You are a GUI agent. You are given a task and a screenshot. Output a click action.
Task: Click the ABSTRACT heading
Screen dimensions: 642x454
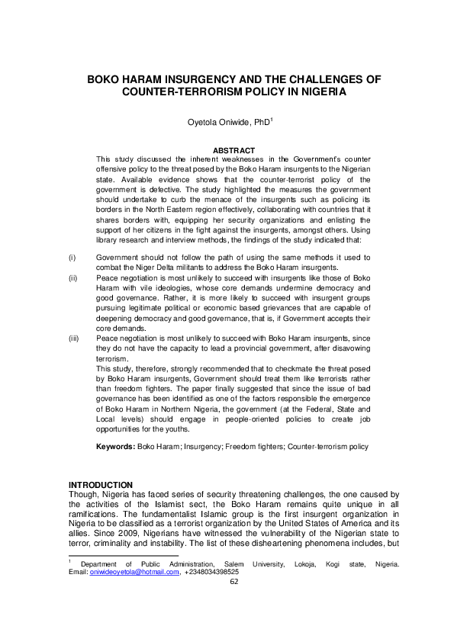tap(233, 150)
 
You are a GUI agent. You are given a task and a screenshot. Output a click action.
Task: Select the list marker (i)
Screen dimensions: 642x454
tap(72, 258)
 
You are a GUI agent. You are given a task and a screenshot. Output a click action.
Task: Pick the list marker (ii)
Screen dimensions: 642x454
tap(73, 279)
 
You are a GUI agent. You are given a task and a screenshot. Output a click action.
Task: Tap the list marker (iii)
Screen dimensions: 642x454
tap(74, 338)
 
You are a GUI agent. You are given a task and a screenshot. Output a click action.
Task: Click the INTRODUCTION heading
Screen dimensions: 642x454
tap(101, 485)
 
